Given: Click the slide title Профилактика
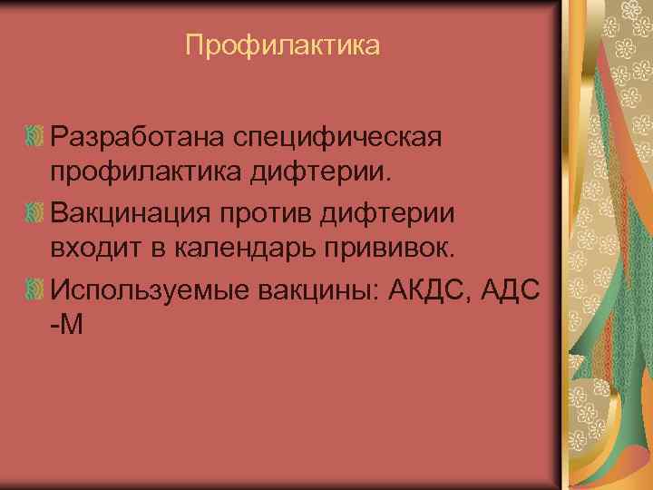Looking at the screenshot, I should click(282, 44).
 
